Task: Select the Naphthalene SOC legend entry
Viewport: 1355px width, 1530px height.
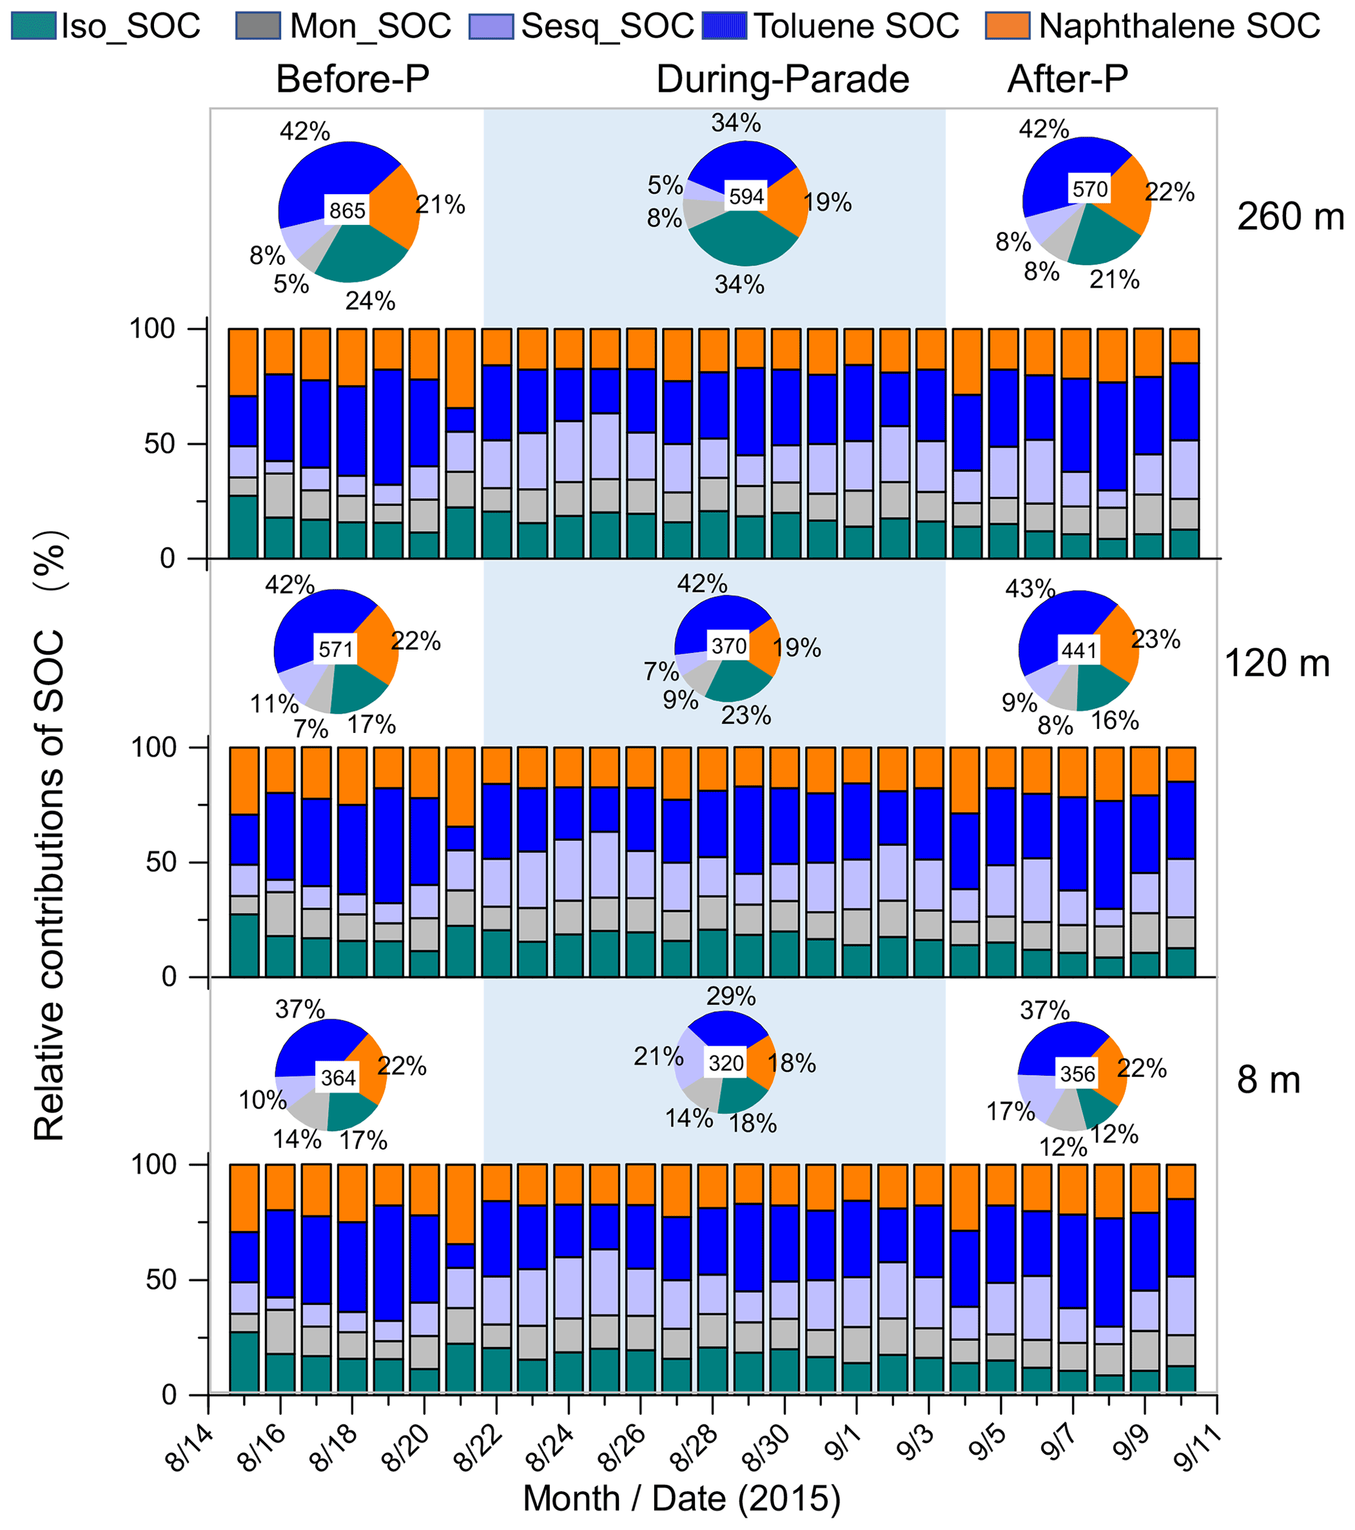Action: point(1153,26)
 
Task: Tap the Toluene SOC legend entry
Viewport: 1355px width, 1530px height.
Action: point(831,26)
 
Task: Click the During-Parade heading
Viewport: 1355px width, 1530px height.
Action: point(782,79)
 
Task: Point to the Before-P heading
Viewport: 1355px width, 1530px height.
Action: point(353,79)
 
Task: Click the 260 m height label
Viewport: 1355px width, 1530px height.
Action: point(1290,217)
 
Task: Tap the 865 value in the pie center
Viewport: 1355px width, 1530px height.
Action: point(347,210)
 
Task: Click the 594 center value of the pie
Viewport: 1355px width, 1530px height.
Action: point(747,196)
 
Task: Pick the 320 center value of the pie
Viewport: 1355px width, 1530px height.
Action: point(726,1063)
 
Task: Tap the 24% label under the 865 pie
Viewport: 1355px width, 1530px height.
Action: point(370,301)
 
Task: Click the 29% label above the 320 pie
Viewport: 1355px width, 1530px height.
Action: point(731,996)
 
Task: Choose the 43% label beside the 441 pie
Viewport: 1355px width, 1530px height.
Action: point(1029,589)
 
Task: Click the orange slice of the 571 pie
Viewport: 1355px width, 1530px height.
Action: point(378,644)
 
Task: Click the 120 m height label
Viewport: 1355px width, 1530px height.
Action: point(1276,663)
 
